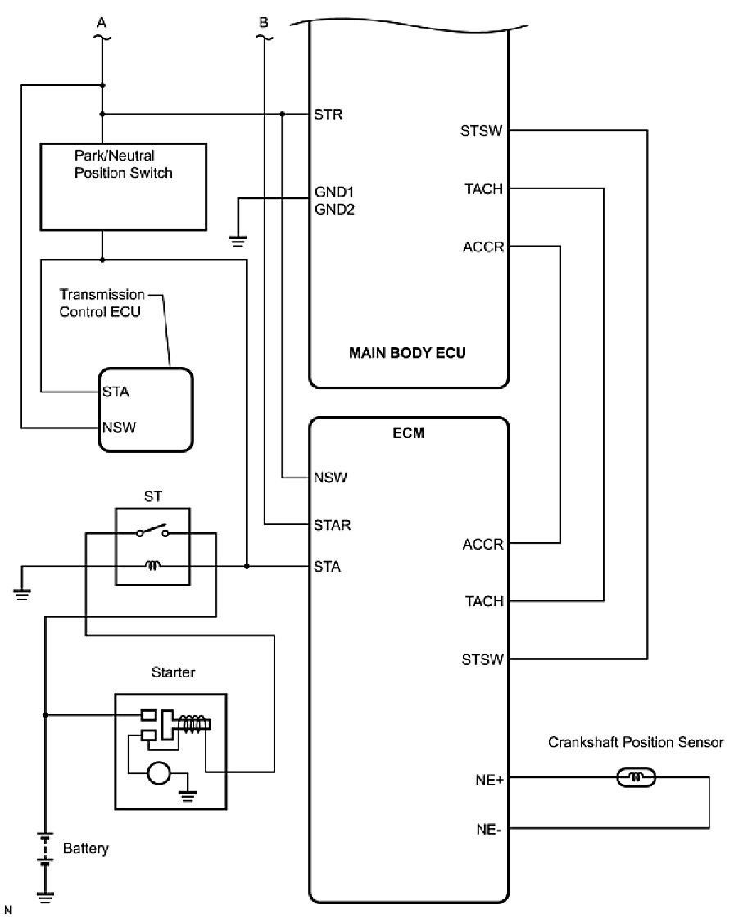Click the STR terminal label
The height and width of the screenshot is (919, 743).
point(328,114)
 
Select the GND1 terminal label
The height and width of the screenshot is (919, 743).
point(333,191)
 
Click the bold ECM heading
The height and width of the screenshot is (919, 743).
point(408,432)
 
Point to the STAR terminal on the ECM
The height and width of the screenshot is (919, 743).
point(332,524)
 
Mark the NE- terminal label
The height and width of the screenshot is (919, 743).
point(488,829)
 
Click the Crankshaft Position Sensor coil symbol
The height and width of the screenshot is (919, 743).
point(635,776)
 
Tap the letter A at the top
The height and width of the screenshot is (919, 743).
point(102,24)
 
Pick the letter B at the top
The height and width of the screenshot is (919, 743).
point(263,24)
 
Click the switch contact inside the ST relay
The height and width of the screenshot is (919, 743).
point(152,531)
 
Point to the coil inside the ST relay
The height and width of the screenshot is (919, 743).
point(152,565)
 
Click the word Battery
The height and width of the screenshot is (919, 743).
point(85,849)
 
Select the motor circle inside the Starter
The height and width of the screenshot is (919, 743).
point(160,773)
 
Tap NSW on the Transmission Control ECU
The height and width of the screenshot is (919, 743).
point(119,427)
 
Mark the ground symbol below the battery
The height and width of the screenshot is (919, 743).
point(45,896)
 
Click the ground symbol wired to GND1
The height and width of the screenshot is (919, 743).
point(238,242)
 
